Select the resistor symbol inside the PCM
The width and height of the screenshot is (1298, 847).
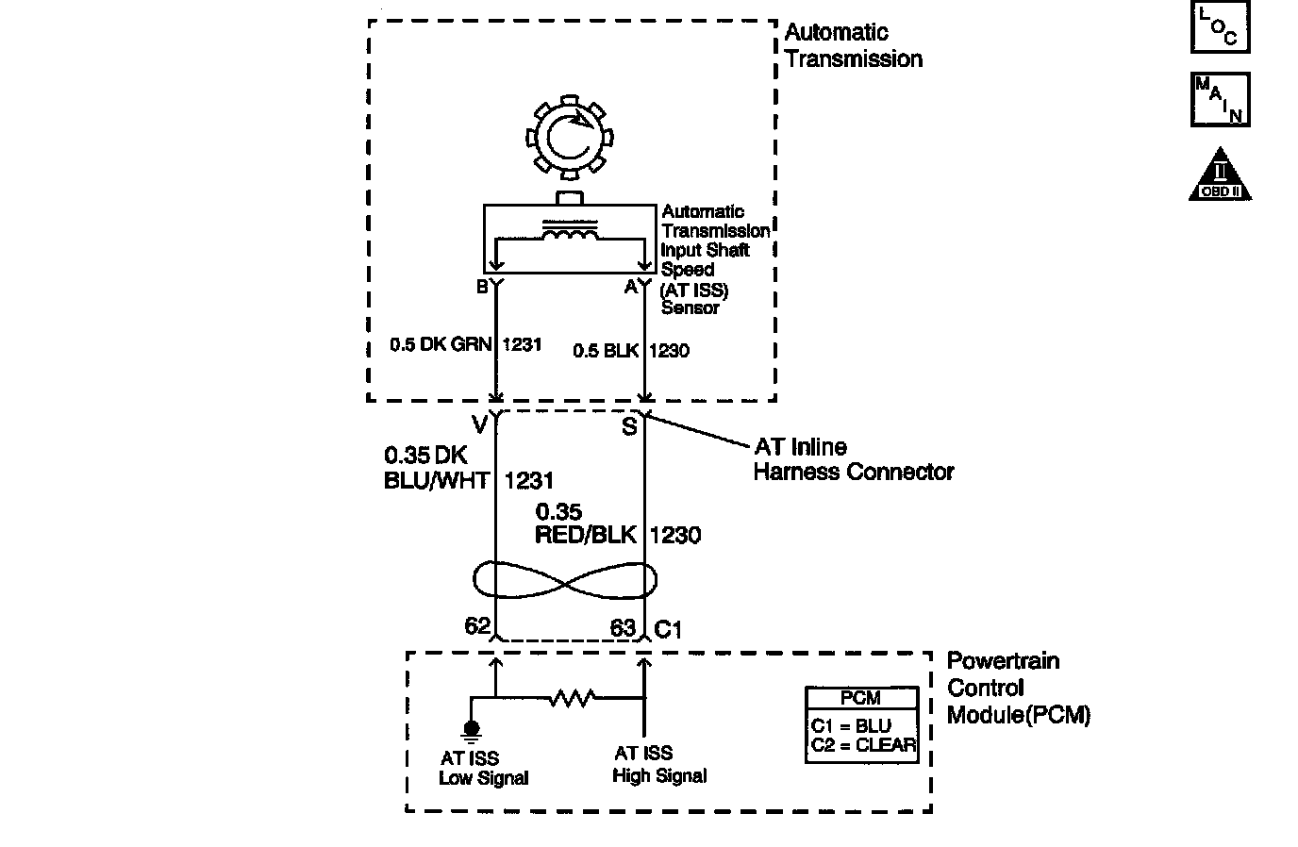pyautogui.click(x=571, y=698)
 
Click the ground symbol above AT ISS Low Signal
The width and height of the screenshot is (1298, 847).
pyautogui.click(x=472, y=729)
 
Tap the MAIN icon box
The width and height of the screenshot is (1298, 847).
pyautogui.click(x=1220, y=99)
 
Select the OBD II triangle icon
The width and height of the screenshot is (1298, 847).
pyautogui.click(x=1220, y=175)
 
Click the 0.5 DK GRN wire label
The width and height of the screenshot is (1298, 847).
pyautogui.click(x=441, y=345)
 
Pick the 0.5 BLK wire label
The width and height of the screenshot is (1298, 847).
pyautogui.click(x=606, y=351)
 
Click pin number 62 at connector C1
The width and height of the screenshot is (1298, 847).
pyautogui.click(x=477, y=626)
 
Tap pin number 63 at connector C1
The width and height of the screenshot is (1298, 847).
pyautogui.click(x=623, y=628)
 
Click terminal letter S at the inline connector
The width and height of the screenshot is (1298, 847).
pyautogui.click(x=629, y=427)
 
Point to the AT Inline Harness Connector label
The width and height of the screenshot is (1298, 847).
pyautogui.click(x=853, y=459)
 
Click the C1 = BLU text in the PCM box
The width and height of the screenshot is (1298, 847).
pyautogui.click(x=850, y=726)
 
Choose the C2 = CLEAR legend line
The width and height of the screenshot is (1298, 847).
pyautogui.click(x=862, y=745)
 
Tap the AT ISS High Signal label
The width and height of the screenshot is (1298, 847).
pyautogui.click(x=658, y=764)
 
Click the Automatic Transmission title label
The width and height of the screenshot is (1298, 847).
pyautogui.click(x=853, y=45)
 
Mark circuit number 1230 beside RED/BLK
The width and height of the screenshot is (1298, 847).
pyautogui.click(x=675, y=535)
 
